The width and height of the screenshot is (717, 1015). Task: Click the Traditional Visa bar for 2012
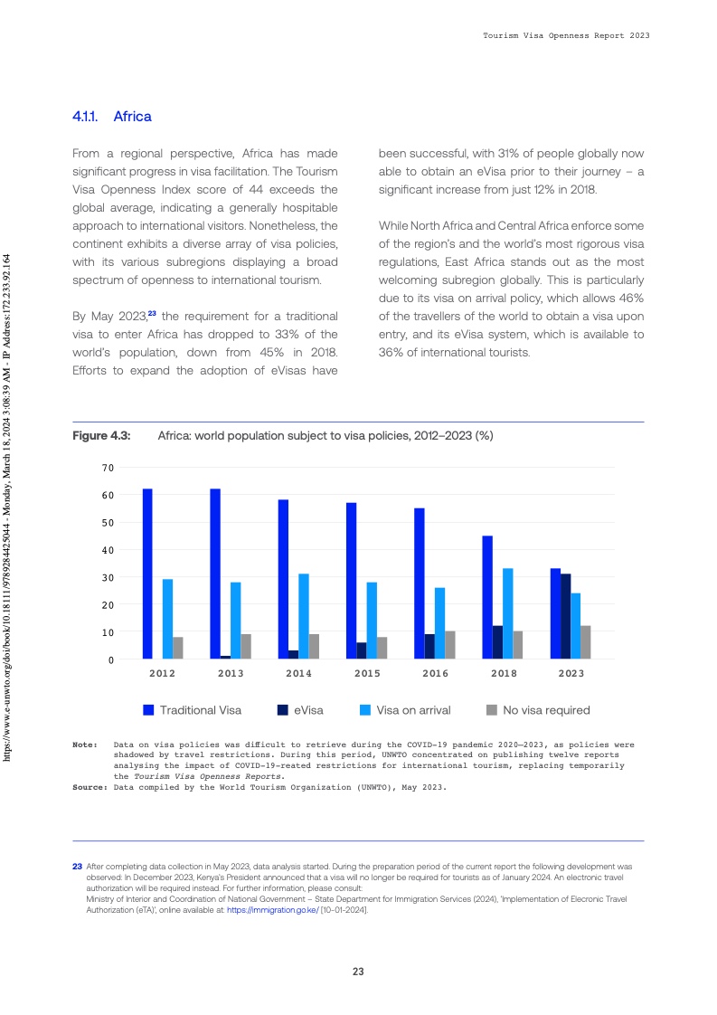(x=147, y=574)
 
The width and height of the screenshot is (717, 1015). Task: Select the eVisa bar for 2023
(x=566, y=616)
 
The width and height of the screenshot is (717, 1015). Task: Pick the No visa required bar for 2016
(x=450, y=645)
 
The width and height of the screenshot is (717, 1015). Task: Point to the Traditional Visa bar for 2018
(x=487, y=597)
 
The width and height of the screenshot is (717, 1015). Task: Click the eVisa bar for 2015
(x=362, y=650)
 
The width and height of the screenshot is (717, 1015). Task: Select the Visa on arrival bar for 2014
(x=304, y=616)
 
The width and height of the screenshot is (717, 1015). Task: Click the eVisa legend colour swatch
(x=281, y=710)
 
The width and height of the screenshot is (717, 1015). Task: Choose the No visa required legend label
(x=546, y=710)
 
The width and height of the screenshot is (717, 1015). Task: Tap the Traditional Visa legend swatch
(x=149, y=710)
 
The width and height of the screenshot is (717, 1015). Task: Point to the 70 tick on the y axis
(x=108, y=468)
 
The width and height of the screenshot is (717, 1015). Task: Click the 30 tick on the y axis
(x=108, y=577)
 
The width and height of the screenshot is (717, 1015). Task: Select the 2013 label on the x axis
(x=231, y=674)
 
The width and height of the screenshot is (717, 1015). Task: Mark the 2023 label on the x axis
(x=571, y=674)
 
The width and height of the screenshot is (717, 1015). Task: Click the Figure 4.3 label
(x=101, y=436)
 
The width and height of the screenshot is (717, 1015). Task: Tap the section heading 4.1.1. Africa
(x=112, y=117)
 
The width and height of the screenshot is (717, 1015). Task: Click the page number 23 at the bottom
(x=358, y=972)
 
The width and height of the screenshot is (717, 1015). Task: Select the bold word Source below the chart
(x=90, y=787)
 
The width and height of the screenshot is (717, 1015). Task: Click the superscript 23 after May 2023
(x=153, y=313)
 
